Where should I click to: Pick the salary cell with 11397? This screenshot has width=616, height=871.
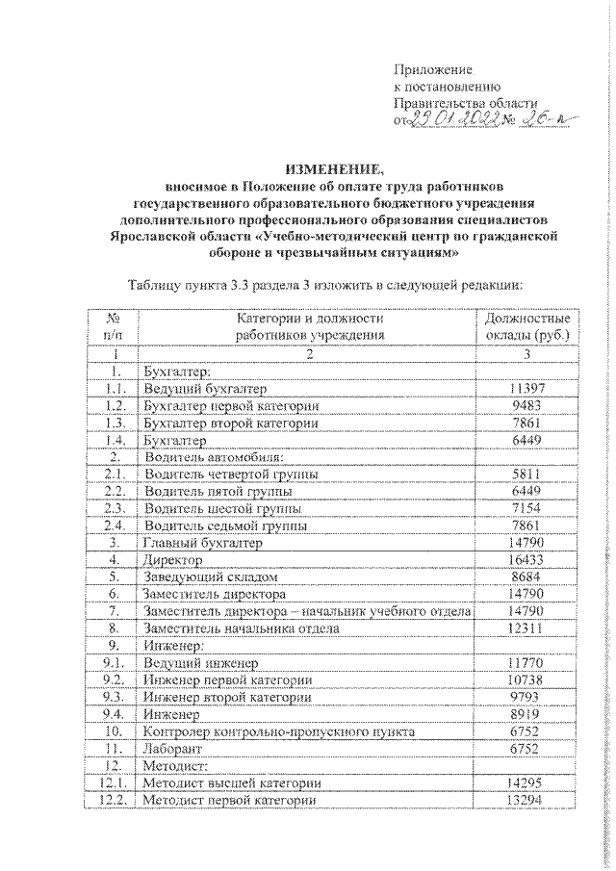click(x=525, y=388)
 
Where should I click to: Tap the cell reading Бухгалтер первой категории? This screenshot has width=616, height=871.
click(x=229, y=405)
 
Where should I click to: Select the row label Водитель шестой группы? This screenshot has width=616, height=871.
click(x=220, y=508)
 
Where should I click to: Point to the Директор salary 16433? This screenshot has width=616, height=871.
click(x=525, y=559)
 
